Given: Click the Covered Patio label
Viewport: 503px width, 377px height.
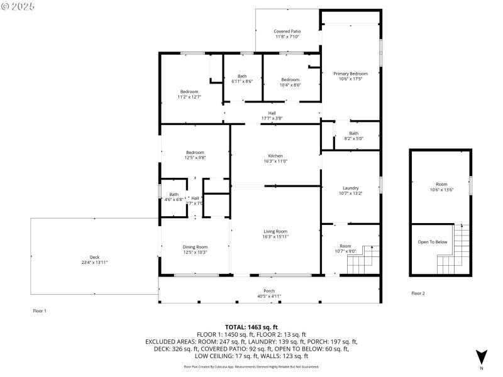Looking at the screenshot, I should [287, 31].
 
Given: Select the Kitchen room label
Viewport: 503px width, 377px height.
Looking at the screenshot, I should [275, 156].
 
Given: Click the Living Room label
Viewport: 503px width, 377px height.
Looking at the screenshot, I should [275, 231].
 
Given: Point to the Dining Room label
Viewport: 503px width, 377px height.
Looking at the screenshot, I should [195, 247].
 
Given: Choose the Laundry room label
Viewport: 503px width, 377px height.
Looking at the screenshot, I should [350, 188].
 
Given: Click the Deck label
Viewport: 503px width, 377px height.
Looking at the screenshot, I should [94, 257].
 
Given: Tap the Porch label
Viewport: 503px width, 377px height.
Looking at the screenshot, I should [269, 290].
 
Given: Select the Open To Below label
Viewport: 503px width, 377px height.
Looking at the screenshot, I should [433, 242].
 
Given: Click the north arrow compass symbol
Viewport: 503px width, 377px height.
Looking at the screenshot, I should [482, 357].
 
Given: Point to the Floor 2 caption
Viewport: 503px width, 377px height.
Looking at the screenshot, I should [418, 293].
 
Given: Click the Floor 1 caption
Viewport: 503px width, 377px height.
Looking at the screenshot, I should [40, 310].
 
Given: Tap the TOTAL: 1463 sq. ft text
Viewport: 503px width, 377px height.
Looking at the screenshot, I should [252, 327].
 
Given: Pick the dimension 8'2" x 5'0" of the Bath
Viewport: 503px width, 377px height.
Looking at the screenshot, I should [354, 138].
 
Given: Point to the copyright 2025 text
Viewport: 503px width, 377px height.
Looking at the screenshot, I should [19, 6].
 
